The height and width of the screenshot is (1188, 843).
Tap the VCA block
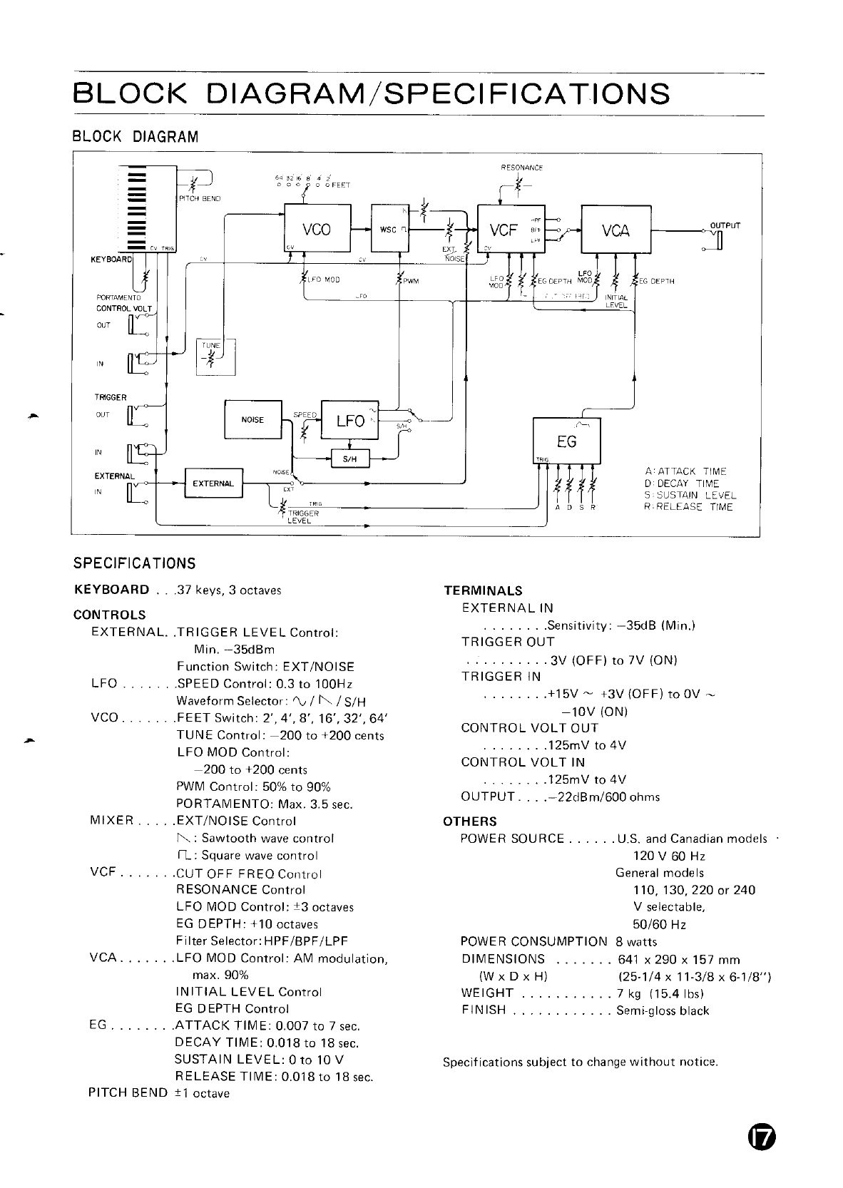[x=616, y=229]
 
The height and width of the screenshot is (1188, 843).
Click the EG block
[x=567, y=441]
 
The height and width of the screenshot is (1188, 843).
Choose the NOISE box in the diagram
[x=252, y=420]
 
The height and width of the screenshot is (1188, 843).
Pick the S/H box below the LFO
[x=351, y=459]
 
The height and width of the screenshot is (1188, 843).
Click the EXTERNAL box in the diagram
[x=213, y=483]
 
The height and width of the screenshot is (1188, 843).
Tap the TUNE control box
[x=210, y=357]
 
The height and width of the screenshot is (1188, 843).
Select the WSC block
[x=390, y=228]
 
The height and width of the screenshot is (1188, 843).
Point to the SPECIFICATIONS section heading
[x=135, y=564]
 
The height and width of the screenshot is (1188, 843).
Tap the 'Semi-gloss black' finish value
[x=663, y=1010]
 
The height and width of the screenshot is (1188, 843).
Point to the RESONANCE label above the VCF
[x=521, y=168]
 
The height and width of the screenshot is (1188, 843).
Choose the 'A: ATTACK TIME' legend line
[x=685, y=472]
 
